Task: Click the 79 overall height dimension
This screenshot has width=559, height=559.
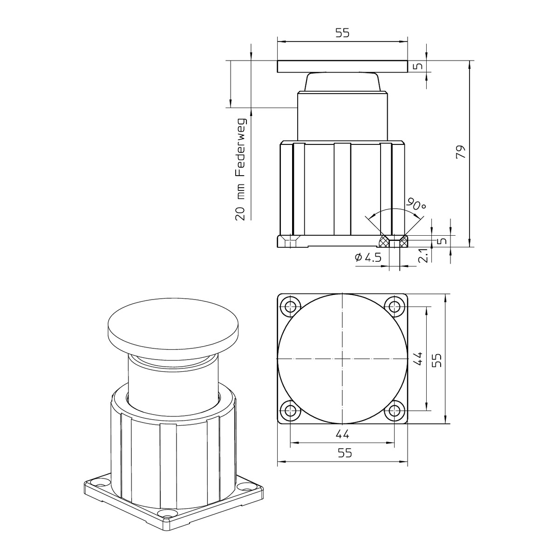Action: click(x=460, y=151)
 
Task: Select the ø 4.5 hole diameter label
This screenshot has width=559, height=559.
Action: click(x=368, y=257)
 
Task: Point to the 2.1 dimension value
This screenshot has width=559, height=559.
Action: click(x=424, y=255)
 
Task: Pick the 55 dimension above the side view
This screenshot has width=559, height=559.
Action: click(x=342, y=33)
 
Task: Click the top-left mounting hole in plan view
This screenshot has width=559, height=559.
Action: click(x=290, y=306)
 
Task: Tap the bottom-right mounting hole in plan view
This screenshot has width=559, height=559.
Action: click(x=395, y=410)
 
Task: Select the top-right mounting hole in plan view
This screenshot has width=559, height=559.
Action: click(x=395, y=306)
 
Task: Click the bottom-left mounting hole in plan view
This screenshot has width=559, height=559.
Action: click(x=290, y=410)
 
